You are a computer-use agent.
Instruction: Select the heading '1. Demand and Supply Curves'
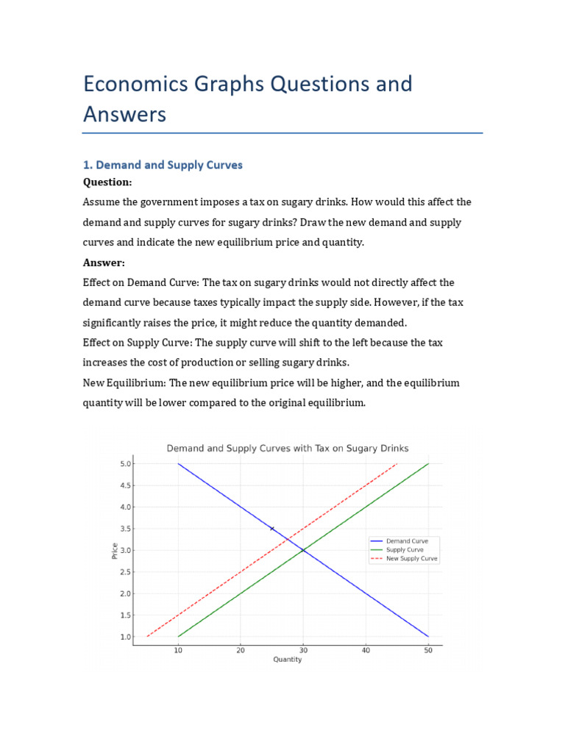point(163,165)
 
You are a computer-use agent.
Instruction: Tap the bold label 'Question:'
point(107,182)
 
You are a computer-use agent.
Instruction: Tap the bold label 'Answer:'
point(104,263)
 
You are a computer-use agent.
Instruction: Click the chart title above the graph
point(288,448)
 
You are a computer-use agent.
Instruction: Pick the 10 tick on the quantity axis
point(178,650)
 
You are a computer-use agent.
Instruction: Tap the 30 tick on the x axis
point(303,650)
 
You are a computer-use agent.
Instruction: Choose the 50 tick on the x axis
point(428,650)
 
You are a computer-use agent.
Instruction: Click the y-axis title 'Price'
point(115,550)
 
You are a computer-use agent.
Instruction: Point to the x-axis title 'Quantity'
point(288,660)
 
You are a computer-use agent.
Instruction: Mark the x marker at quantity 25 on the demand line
point(272,529)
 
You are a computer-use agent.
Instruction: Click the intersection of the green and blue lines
point(303,550)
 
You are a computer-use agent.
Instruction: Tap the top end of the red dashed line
point(397,464)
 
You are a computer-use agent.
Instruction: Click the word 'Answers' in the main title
point(125,115)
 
